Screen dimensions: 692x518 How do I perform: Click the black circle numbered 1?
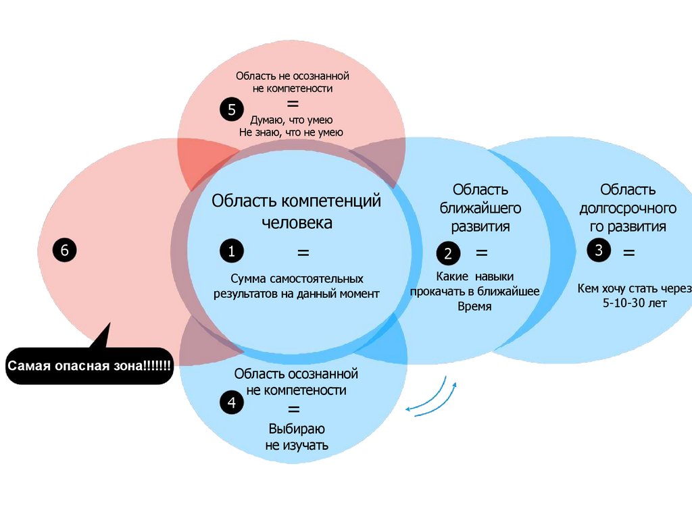pos(231,252)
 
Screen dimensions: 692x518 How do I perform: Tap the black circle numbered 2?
pos(447,254)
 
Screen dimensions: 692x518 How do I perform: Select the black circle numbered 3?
pos(599,251)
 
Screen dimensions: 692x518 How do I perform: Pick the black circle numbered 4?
pos(231,403)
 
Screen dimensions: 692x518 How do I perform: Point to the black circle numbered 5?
pos(231,109)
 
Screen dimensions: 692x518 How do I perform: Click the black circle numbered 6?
pos(65,250)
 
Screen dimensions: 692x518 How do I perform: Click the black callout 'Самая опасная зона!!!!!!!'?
pos(89,366)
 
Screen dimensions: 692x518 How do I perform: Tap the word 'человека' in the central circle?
pos(297,223)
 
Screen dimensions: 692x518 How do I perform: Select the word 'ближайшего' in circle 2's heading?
pos(480,207)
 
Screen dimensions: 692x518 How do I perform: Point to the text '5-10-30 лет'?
pos(635,303)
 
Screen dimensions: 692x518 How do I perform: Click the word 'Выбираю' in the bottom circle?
pos(297,429)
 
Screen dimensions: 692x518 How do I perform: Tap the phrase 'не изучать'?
pos(297,445)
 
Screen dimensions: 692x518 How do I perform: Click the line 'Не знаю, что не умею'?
pos(291,132)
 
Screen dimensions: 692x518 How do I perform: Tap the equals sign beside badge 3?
pos(629,254)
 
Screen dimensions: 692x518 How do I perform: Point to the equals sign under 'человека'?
pos(303,253)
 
